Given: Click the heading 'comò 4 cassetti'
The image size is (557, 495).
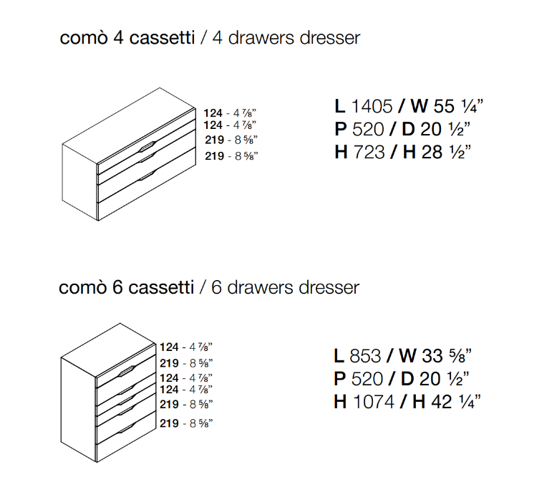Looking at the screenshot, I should (x=126, y=38).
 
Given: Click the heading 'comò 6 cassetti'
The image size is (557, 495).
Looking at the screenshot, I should (x=126, y=288).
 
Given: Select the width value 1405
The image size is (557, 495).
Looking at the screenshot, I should (x=372, y=107).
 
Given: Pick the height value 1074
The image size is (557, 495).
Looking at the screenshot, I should (x=374, y=402).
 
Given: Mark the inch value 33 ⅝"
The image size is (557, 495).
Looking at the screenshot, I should (x=450, y=356).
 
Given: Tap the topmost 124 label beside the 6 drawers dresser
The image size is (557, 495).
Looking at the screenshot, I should (x=170, y=346).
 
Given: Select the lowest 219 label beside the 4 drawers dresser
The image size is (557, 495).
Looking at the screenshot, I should (x=215, y=156).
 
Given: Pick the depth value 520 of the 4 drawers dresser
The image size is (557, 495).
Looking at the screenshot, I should (x=369, y=129).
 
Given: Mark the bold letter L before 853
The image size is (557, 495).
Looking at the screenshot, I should (x=339, y=356).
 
